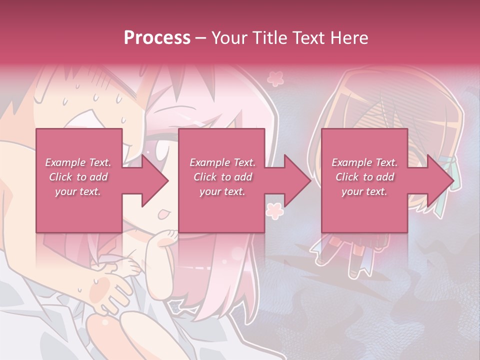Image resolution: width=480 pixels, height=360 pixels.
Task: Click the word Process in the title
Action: click(x=157, y=37)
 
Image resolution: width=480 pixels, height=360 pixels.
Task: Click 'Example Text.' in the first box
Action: click(x=78, y=162)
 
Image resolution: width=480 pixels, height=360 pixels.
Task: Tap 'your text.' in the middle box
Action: click(x=222, y=191)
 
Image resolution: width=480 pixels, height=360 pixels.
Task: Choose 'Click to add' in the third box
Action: click(x=364, y=177)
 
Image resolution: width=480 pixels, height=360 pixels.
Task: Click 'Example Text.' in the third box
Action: click(x=364, y=162)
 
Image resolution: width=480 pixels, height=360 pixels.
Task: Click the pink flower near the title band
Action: click(x=274, y=78)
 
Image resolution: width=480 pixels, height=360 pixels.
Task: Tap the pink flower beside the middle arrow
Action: click(x=274, y=210)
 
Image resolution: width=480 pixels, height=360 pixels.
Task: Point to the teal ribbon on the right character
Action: click(x=447, y=165)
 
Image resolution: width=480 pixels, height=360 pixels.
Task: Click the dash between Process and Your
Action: click(x=200, y=38)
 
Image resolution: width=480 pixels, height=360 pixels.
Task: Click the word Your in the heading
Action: click(x=228, y=37)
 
